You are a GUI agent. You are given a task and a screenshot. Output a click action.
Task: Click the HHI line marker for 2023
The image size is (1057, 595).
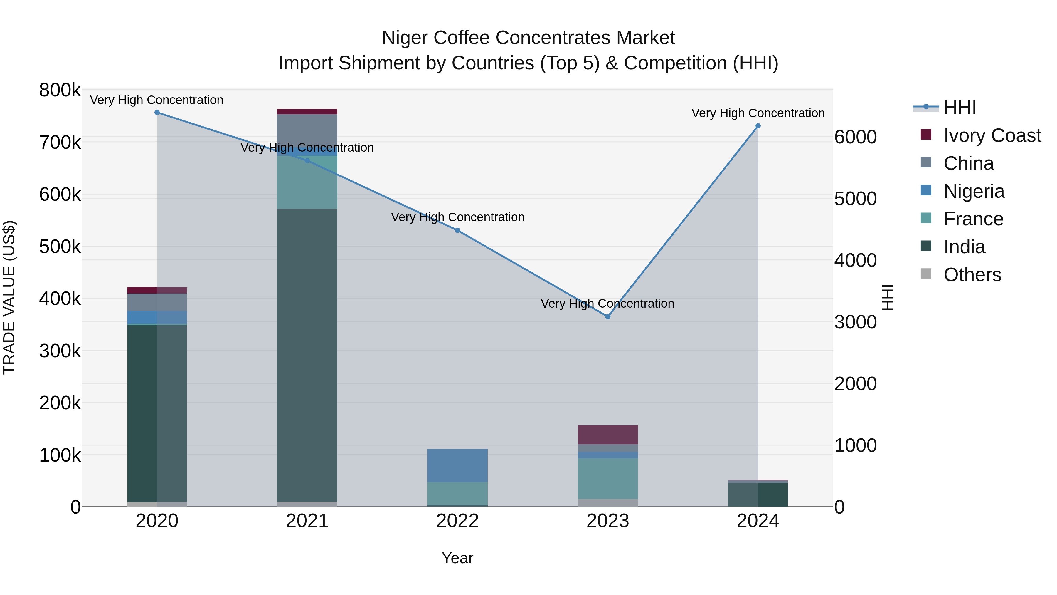608,316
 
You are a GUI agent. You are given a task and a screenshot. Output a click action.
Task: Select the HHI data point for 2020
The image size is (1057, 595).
157,113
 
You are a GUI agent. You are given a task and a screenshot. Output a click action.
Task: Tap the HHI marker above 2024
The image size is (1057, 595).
758,126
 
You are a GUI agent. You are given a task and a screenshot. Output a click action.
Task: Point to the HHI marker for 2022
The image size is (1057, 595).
457,230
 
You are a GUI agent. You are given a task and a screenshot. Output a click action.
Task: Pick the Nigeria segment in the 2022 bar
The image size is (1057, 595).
457,465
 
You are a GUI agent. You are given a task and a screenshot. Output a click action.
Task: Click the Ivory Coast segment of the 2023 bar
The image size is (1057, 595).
608,435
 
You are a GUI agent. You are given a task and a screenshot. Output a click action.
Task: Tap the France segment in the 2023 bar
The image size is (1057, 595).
608,478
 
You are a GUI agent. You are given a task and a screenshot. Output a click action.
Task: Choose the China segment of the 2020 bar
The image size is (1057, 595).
157,302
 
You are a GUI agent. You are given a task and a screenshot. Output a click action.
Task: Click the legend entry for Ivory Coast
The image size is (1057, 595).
992,135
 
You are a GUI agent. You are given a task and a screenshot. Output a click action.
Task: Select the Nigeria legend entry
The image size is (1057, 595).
974,191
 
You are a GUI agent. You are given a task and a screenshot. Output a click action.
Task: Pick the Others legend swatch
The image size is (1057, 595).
926,274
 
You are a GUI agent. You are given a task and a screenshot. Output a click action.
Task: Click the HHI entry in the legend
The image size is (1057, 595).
959,108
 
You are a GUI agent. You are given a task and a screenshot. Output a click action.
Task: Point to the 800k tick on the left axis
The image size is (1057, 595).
60,90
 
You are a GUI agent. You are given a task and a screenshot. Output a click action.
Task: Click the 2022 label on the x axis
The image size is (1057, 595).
457,521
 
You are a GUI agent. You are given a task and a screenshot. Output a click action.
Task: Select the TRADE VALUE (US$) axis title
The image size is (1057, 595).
9,297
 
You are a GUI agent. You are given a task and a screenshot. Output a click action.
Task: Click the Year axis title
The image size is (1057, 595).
457,558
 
